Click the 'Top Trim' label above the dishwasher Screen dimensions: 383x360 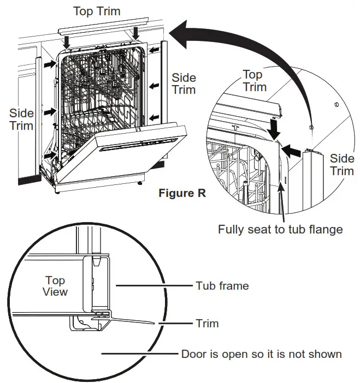pyautogui.click(x=97, y=11)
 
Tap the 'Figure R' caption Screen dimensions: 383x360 pyautogui.click(x=182, y=193)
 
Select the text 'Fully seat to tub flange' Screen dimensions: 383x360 pyautogui.click(x=280, y=229)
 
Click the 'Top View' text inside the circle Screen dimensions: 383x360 pyautogui.click(x=55, y=286)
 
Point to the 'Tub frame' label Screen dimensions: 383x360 pyautogui.click(x=222, y=285)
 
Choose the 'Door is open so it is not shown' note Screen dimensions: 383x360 pyautogui.click(x=262, y=354)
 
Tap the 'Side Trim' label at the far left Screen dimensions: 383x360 pyautogui.click(x=21, y=119)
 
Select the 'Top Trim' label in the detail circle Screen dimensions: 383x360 pyautogui.click(x=255, y=81)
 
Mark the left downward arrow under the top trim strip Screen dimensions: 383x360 pyautogui.click(x=67, y=40)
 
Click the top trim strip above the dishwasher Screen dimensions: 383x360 pyautogui.click(x=101, y=27)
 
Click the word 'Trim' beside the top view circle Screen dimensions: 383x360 pyautogui.click(x=208, y=324)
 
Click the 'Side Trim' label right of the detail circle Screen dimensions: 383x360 pyautogui.click(x=342, y=164)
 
